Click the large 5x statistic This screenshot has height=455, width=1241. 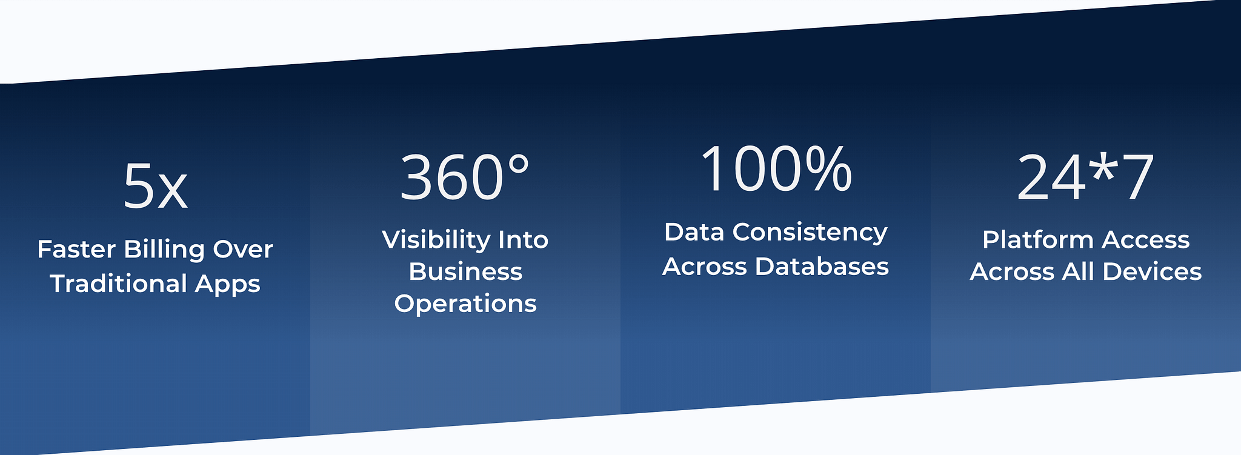pyautogui.click(x=155, y=186)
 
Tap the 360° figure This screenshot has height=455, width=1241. pyautogui.click(x=465, y=177)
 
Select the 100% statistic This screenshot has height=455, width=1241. pyautogui.click(x=776, y=169)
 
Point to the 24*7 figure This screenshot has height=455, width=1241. pyautogui.click(x=1085, y=178)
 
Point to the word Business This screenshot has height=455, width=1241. pyautogui.click(x=465, y=271)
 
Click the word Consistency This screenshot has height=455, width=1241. pyautogui.click(x=810, y=233)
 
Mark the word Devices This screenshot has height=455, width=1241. pyautogui.click(x=1152, y=271)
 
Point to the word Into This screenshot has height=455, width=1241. pyautogui.click(x=523, y=240)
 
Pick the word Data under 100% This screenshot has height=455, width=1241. pyautogui.click(x=694, y=232)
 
